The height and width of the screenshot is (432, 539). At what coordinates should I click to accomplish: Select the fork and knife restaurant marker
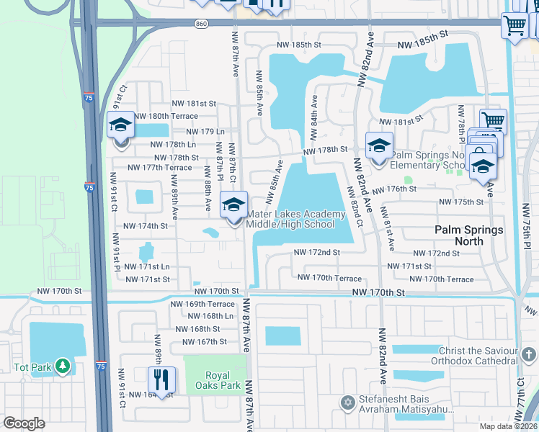(161, 379)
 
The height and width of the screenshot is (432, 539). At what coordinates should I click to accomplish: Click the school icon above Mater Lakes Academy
(233, 205)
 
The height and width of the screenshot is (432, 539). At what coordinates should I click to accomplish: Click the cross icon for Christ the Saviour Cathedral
(529, 354)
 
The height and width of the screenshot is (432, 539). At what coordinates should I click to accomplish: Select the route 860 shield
(201, 24)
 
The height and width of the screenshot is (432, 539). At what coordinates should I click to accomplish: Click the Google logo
(24, 423)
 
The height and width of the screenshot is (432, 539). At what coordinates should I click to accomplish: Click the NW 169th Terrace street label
(202, 304)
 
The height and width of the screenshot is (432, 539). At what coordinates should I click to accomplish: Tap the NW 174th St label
(146, 225)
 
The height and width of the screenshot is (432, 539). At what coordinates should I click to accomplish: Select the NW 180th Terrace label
(166, 116)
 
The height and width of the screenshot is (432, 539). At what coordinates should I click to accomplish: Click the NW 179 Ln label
(205, 132)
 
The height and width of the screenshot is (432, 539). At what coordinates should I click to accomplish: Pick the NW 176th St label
(392, 189)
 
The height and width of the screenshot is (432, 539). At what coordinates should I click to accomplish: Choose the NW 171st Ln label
(146, 267)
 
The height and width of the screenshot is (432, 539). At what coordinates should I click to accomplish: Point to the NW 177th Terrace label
(159, 168)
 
